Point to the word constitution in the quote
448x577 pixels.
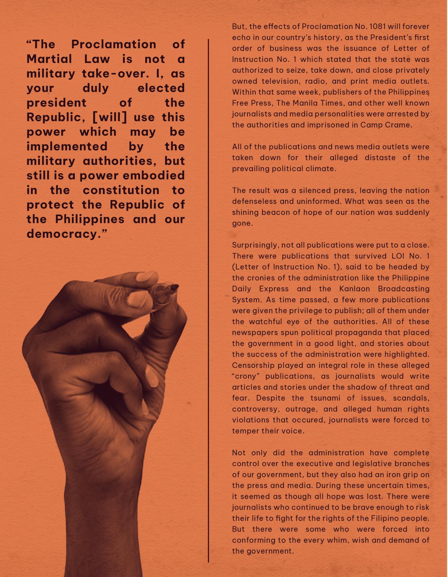[x=121, y=190]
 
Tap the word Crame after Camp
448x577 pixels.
[x=399, y=125]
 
